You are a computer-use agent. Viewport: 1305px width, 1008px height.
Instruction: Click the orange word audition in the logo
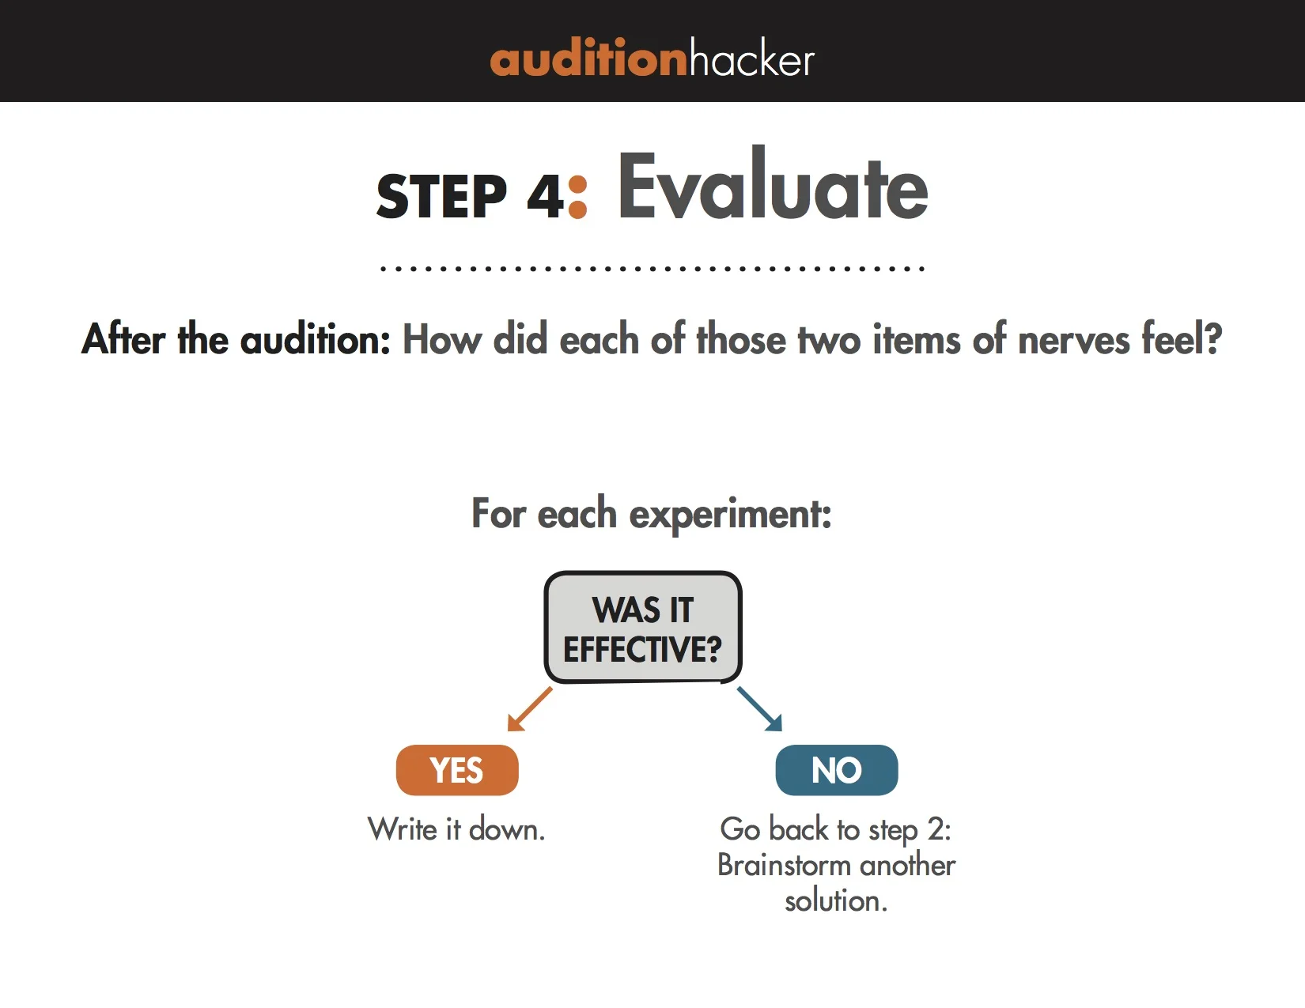[x=588, y=59]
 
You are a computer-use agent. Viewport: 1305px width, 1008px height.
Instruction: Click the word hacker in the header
[x=751, y=59]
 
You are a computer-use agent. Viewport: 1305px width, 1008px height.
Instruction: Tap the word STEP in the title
[x=441, y=196]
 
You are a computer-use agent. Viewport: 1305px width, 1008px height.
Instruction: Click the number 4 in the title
[x=545, y=196]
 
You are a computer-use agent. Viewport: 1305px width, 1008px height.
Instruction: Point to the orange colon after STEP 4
[x=578, y=197]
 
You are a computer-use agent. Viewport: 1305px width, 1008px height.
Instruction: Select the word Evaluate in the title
[x=772, y=187]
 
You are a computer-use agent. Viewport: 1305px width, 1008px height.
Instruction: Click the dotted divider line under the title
[x=652, y=269]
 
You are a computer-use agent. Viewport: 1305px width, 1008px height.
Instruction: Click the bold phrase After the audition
[x=236, y=339]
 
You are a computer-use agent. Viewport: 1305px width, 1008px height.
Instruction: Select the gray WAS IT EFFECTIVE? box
[x=643, y=628]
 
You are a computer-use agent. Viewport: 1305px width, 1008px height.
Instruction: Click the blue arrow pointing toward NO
[x=759, y=708]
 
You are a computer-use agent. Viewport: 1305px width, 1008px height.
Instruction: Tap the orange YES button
[x=457, y=770]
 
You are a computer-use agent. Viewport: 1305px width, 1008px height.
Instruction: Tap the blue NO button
[x=837, y=770]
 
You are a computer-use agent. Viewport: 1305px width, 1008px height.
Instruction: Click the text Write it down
[x=456, y=829]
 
